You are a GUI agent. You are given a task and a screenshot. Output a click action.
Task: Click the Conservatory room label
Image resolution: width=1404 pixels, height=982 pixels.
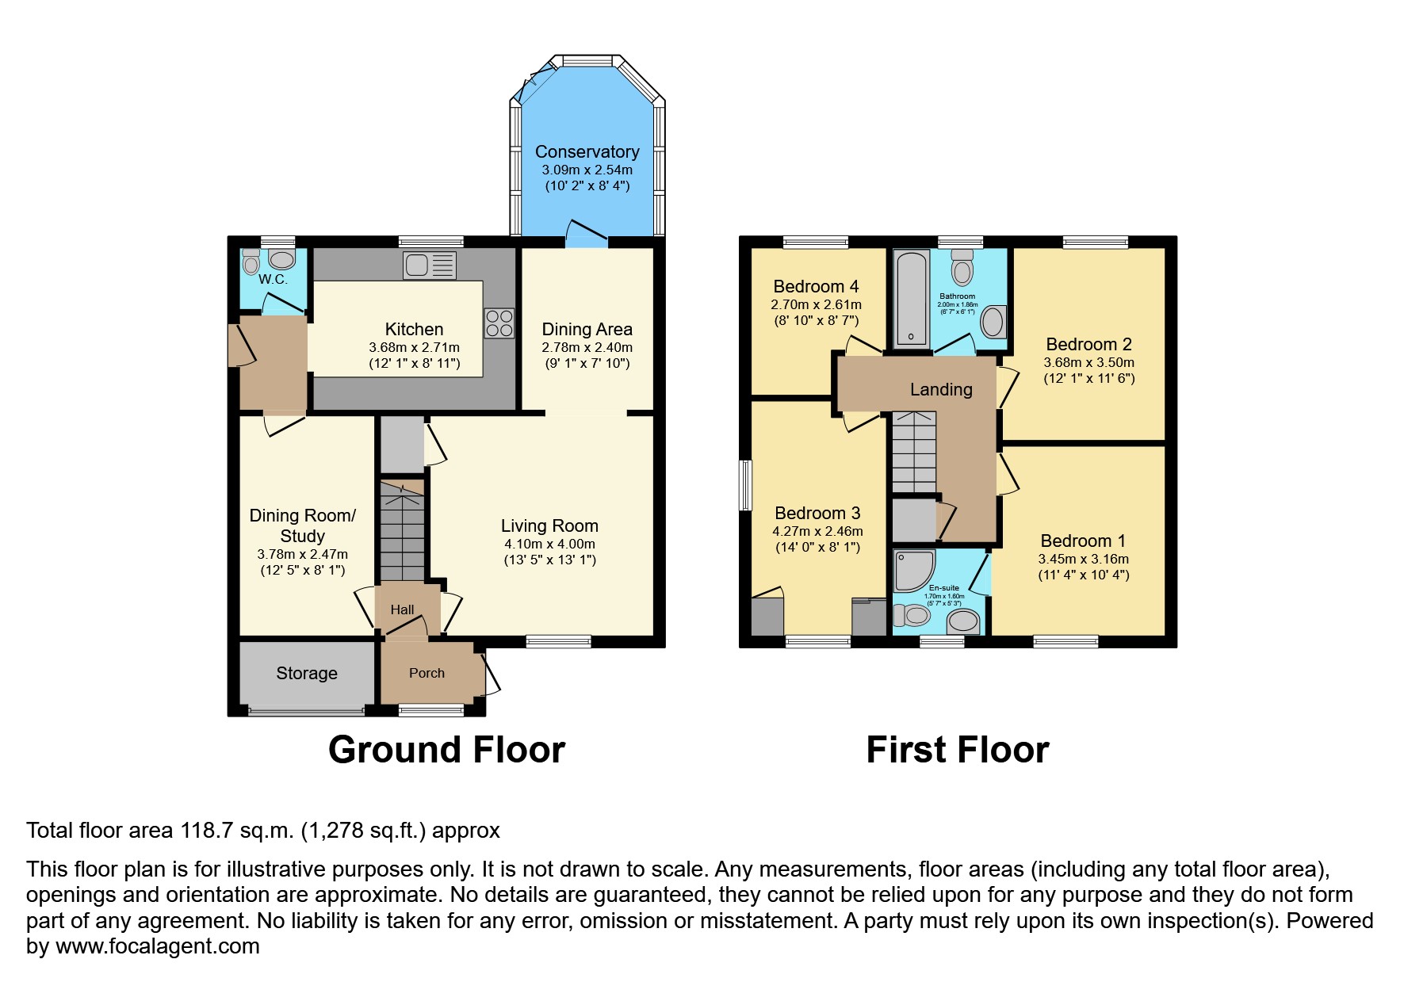coord(587,151)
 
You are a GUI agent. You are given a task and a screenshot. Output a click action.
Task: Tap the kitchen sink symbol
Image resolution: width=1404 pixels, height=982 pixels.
coord(429,265)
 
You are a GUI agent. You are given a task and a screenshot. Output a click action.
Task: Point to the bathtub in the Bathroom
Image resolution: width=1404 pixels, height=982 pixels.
coord(911,299)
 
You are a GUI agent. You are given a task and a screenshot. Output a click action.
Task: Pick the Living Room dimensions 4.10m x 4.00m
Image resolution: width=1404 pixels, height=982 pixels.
coord(549,544)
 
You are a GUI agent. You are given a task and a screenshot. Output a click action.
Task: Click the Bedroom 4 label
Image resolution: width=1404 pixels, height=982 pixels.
coord(816,286)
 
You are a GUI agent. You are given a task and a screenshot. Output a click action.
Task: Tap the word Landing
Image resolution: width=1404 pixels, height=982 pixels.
coord(941,389)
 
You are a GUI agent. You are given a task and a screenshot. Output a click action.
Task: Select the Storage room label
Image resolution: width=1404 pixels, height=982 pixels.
coord(307,673)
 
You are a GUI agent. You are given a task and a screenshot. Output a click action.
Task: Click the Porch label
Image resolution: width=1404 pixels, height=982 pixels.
coord(427,673)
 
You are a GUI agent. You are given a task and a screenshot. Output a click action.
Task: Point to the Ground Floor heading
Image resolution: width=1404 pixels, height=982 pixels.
coord(446,750)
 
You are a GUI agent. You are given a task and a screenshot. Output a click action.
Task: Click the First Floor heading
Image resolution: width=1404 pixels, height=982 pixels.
coord(958,750)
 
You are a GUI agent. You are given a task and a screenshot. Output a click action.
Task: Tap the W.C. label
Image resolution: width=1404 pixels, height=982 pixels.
coord(273,279)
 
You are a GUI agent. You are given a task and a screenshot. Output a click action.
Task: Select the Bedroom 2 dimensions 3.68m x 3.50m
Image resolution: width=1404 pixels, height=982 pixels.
coord(1088,362)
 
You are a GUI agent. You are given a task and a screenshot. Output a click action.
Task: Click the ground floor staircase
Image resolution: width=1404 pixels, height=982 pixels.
coord(402,531)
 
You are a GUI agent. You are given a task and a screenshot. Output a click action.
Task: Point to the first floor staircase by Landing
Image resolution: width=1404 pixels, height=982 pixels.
coord(914,453)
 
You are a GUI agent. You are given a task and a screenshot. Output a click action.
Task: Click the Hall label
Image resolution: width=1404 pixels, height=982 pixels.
coord(402,609)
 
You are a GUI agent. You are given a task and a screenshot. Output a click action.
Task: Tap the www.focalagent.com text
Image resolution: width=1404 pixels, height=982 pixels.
coord(158,946)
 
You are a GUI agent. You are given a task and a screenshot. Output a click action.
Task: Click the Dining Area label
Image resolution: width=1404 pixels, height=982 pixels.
coord(587,329)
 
